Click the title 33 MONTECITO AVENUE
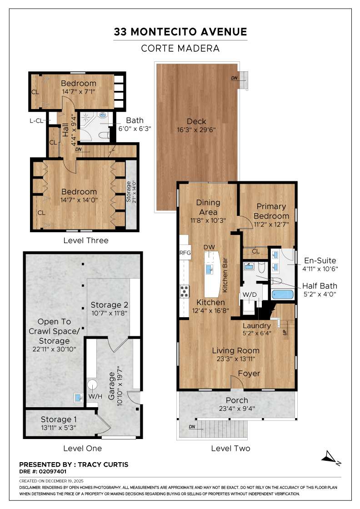tap(180, 32)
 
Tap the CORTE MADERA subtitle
tap(180, 48)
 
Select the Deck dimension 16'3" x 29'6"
tap(196, 130)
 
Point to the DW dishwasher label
tap(209, 247)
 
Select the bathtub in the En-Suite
tap(283, 294)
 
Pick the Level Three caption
tap(86, 240)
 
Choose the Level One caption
tap(82, 449)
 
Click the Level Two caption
tap(230, 449)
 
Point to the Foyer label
tap(249, 374)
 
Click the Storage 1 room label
tap(62, 419)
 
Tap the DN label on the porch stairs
tap(192, 427)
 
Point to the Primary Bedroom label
tap(271, 211)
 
